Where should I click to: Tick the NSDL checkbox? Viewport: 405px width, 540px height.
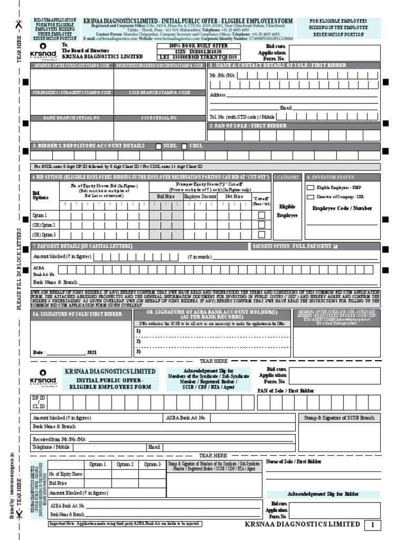[x=159, y=146]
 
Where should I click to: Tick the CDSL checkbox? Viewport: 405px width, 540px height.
[x=184, y=146]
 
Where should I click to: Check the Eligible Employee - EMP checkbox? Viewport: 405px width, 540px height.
[x=310, y=187]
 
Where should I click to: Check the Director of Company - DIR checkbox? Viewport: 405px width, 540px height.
[x=310, y=197]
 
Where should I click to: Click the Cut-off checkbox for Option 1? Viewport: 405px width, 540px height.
[x=261, y=215]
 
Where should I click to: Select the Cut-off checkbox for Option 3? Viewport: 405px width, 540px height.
[x=261, y=234]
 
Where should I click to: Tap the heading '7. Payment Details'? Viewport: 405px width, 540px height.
[x=83, y=246]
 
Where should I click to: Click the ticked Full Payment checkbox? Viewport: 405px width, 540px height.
[x=335, y=246]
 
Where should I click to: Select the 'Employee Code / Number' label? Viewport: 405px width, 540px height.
[x=342, y=208]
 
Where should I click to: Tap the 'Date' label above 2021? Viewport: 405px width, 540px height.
[x=38, y=352]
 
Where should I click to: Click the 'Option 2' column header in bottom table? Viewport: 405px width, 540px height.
[x=124, y=464]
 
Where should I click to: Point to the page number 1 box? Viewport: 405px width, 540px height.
[x=372, y=525]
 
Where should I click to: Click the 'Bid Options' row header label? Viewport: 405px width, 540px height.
[x=41, y=195]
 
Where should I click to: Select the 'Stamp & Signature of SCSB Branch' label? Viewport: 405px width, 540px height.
[x=339, y=418]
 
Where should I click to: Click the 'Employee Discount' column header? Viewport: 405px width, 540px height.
[x=200, y=196]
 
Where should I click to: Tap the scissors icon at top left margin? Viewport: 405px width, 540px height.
[x=20, y=25]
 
